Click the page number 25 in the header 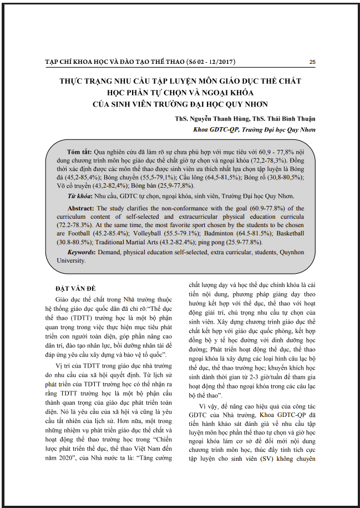(x=312, y=62)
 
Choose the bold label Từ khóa (x=80, y=196)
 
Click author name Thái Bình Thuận (x=288, y=119)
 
